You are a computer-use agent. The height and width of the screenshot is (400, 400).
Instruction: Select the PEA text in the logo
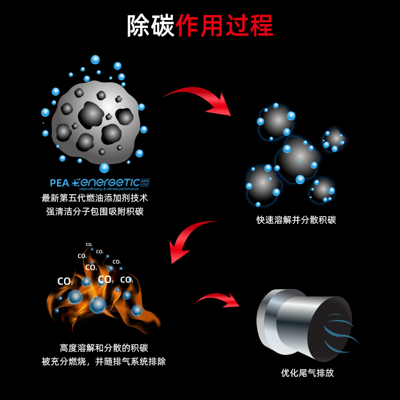tap(59, 183)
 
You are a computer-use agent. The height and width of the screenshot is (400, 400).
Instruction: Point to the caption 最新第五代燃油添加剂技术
tap(94, 198)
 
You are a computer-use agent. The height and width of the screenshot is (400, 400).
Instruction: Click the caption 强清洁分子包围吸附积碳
tap(94, 211)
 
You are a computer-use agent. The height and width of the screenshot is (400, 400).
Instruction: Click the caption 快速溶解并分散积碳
tap(296, 220)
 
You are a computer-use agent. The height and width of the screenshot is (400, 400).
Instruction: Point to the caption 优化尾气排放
tap(307, 373)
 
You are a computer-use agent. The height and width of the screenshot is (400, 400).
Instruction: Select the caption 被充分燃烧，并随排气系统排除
tap(104, 361)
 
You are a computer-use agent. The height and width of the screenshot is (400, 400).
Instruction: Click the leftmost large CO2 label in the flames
tap(64, 281)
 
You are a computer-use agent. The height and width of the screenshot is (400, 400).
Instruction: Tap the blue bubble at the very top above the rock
tap(95, 59)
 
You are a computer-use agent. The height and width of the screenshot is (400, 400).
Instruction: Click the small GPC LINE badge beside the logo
tap(145, 182)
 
